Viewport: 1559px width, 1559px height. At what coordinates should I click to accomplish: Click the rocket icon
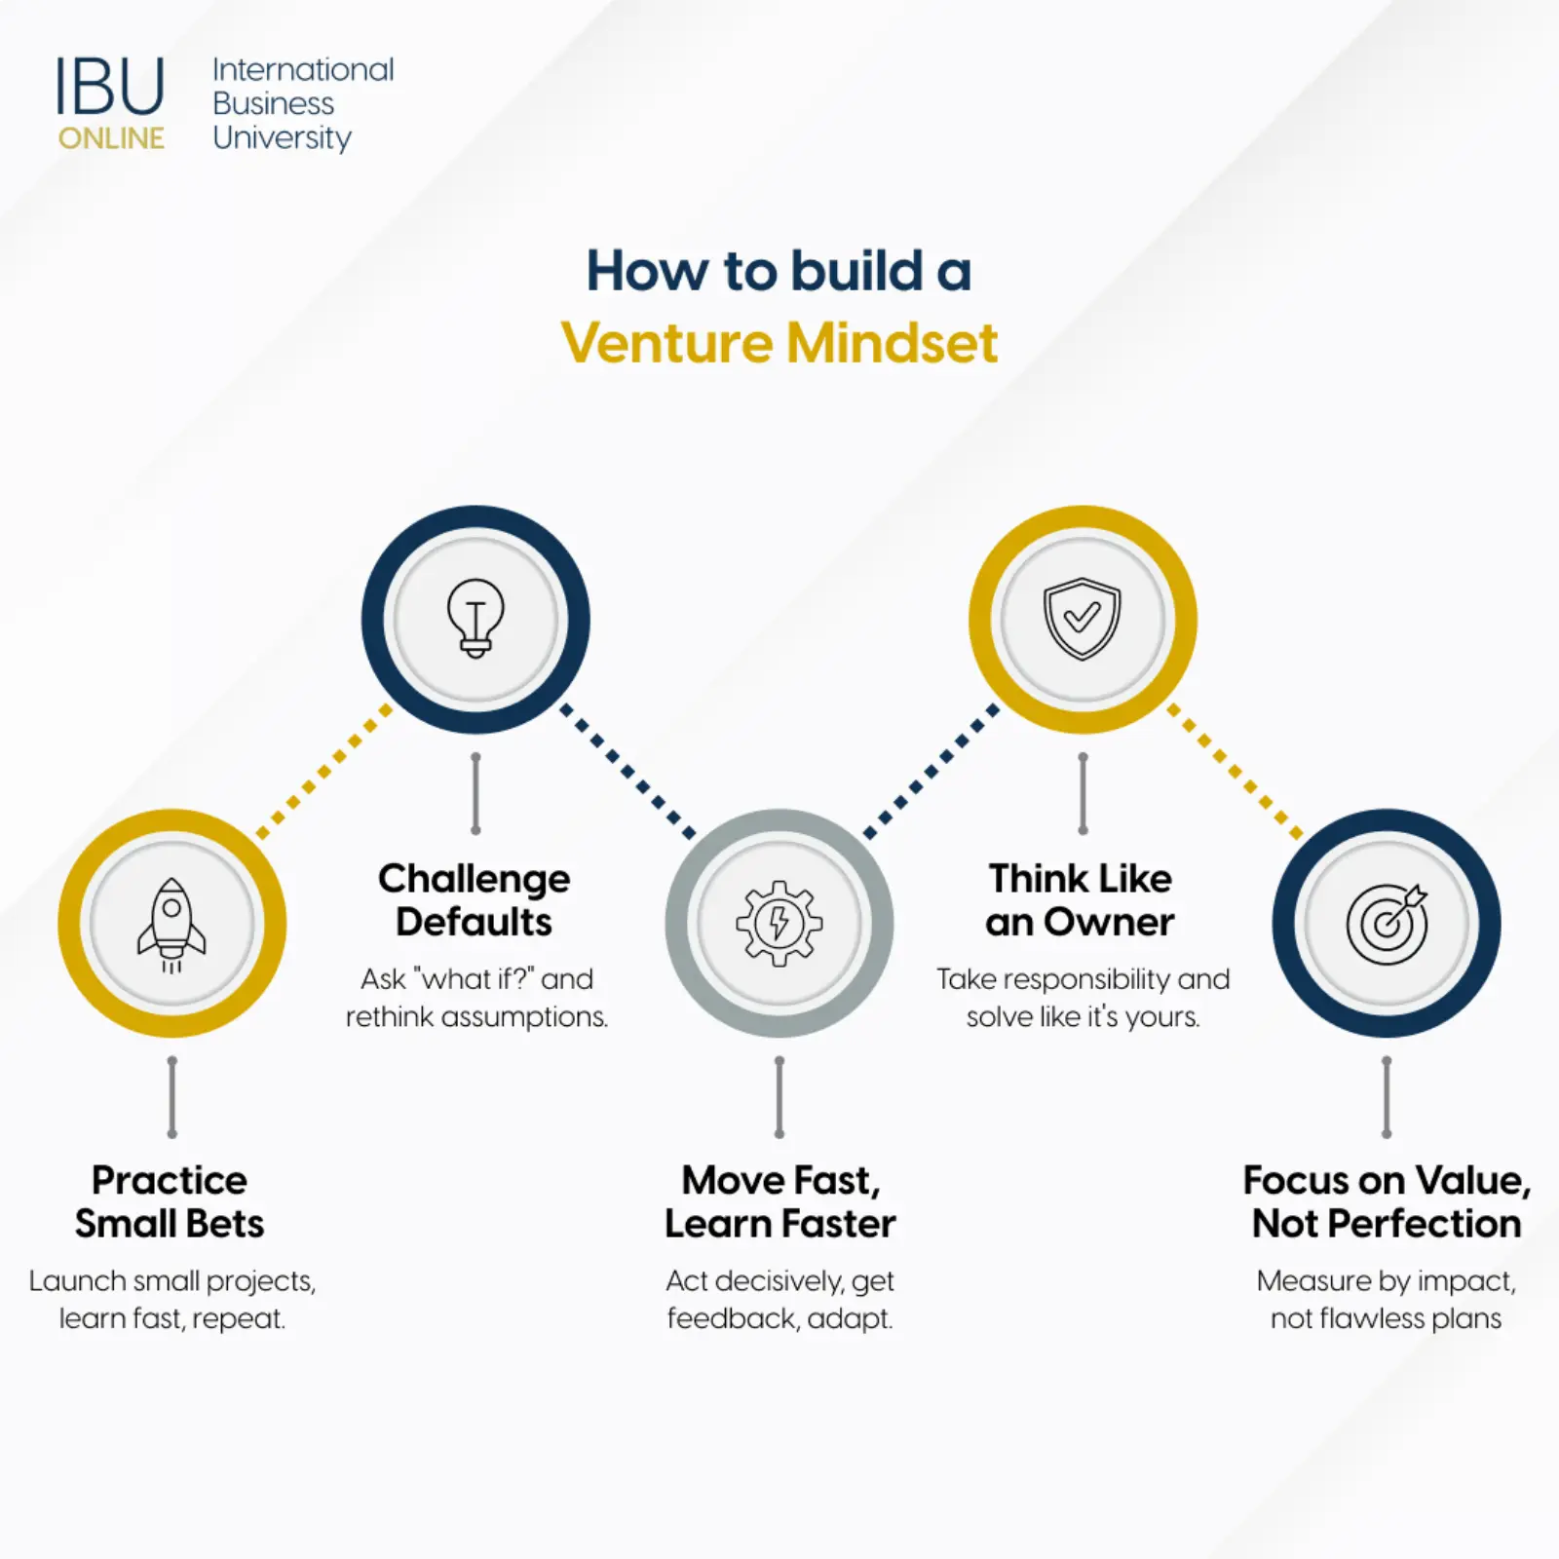click(171, 924)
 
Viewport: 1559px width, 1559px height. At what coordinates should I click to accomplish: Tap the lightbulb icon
click(475, 619)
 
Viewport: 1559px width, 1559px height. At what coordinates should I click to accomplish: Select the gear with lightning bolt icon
click(779, 923)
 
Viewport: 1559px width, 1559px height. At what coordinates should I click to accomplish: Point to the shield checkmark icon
click(1082, 619)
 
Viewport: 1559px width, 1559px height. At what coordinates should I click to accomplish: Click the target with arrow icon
click(1386, 923)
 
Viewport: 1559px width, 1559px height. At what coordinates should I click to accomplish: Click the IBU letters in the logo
click(110, 88)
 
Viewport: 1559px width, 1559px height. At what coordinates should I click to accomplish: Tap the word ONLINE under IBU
click(111, 138)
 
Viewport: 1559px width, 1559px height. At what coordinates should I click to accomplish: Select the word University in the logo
click(282, 137)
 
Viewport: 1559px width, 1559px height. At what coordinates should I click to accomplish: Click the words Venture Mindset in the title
click(779, 343)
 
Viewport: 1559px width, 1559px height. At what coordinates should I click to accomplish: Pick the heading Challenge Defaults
click(475, 899)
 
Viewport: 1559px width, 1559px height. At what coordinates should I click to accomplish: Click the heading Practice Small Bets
click(171, 1201)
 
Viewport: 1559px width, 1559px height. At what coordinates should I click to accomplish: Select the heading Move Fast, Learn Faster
click(779, 1201)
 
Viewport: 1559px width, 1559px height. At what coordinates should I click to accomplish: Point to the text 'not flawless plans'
click(1386, 1318)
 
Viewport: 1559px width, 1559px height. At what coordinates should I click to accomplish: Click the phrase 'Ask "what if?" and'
click(476, 978)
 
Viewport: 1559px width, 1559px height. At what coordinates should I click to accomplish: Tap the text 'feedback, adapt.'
click(779, 1318)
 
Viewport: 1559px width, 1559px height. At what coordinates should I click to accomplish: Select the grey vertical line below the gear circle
click(779, 1097)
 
